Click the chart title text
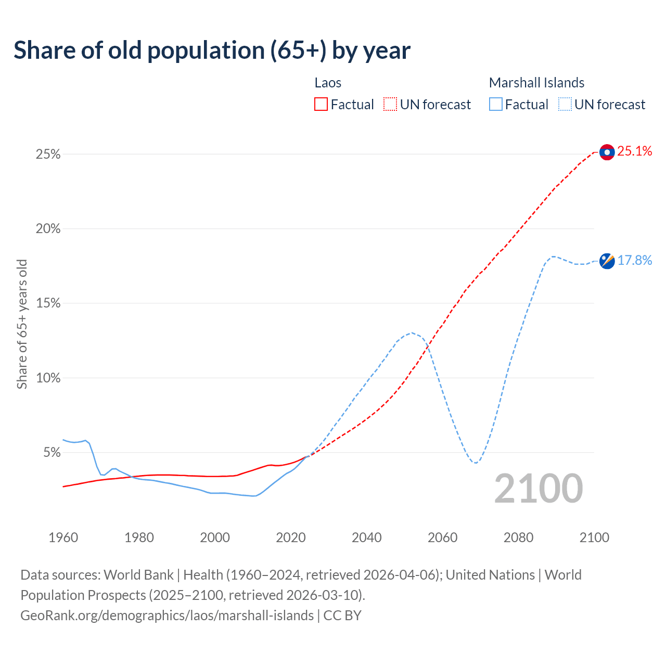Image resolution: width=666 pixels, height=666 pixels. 212,50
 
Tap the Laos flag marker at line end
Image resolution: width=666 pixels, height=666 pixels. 607,152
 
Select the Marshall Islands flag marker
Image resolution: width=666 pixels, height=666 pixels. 607,261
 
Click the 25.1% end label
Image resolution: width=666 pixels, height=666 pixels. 635,151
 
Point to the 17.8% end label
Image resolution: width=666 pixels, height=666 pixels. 635,260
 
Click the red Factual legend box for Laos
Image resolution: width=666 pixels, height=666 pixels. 321,105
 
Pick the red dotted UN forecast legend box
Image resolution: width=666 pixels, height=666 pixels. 390,105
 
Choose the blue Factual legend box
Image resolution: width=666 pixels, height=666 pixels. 495,105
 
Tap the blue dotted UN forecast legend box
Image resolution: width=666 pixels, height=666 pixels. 565,105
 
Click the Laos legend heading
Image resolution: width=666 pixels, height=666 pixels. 328,83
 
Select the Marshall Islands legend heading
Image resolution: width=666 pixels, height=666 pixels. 536,83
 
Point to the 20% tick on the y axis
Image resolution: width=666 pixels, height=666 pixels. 48,229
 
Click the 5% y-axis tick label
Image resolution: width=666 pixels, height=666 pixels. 51,453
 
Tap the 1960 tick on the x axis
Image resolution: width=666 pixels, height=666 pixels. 63,537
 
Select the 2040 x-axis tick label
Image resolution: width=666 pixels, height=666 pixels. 367,537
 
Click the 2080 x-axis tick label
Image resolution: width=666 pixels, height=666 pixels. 518,537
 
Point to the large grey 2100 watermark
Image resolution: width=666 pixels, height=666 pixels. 538,489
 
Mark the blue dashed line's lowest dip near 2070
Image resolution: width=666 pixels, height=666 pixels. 476,463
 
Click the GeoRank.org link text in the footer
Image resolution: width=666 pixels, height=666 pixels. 167,616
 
